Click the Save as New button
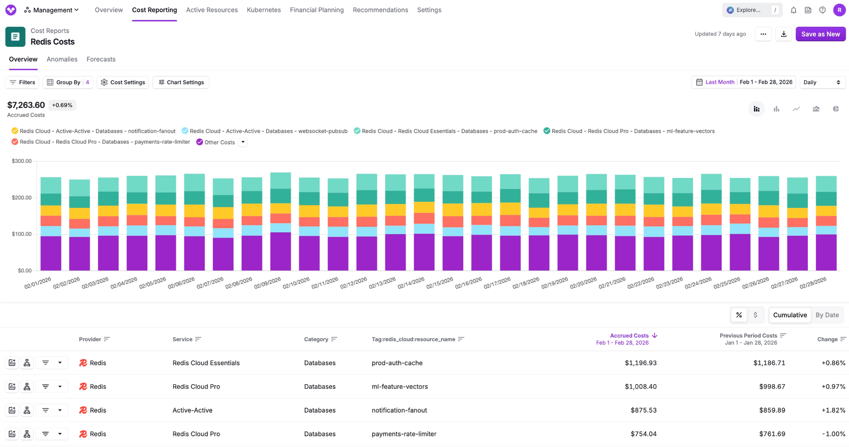coord(820,34)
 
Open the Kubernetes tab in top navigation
coord(264,10)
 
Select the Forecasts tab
coord(101,59)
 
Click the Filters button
coord(23,82)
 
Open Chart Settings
coord(181,82)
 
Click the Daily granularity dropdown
coord(822,82)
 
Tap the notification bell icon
coord(793,10)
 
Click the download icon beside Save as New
coord(784,34)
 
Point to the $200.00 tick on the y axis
coord(22,197)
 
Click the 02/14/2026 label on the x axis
coord(411,283)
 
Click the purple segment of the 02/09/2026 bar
coord(280,251)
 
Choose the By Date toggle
coord(827,315)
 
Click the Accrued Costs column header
coord(629,335)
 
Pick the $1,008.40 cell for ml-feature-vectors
coord(640,386)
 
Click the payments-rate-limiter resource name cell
coord(404,434)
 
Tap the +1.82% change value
coord(833,410)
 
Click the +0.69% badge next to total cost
coord(62,105)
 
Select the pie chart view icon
coord(835,109)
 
